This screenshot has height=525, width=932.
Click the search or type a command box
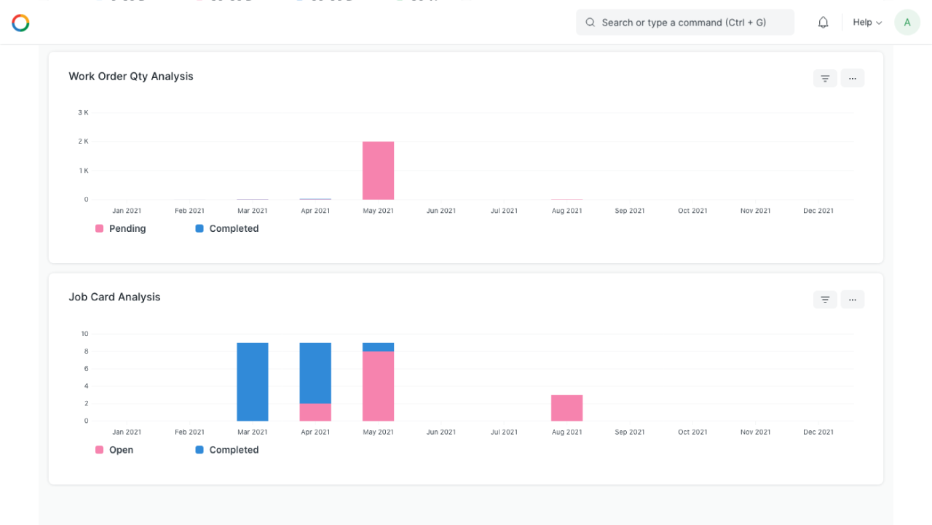click(x=684, y=23)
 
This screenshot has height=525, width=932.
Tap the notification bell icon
click(x=823, y=23)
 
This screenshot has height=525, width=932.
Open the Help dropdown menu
click(x=866, y=23)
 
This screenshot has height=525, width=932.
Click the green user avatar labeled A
click(x=907, y=23)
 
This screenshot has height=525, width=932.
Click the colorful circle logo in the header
click(x=20, y=23)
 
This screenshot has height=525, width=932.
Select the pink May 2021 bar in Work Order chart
click(x=378, y=171)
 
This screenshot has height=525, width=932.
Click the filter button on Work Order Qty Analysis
click(x=825, y=78)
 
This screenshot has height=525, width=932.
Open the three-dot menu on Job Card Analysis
click(x=852, y=299)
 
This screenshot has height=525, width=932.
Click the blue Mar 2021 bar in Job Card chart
click(x=253, y=381)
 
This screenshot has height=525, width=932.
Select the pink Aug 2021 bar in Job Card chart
click(x=566, y=408)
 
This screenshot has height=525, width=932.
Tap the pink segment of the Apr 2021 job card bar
click(x=315, y=412)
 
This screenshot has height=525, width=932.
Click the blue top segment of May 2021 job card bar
click(x=378, y=347)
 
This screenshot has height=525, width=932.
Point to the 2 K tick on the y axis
click(x=83, y=141)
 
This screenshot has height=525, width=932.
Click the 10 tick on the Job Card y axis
click(x=84, y=334)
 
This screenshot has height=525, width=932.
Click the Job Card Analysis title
click(x=114, y=297)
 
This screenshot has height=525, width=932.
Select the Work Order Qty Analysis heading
click(x=131, y=77)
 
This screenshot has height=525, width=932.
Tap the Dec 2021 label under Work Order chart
click(x=818, y=211)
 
